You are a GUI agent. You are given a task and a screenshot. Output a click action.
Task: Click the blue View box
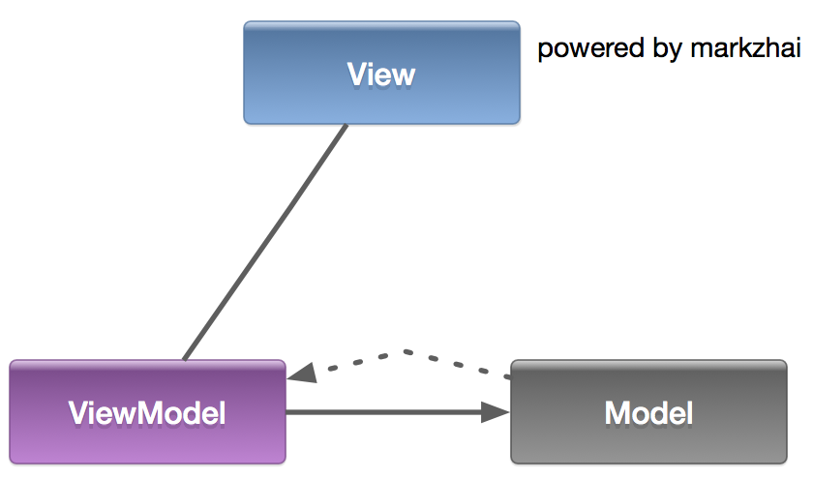pos(381,74)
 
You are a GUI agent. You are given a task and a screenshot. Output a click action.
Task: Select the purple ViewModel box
pos(147,412)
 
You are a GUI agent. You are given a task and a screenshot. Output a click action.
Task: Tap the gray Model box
pos(648,412)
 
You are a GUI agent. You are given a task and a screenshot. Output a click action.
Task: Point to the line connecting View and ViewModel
pos(264,242)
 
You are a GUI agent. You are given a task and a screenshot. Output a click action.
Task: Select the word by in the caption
pos(669,48)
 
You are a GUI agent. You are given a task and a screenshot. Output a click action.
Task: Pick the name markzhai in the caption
pos(745,48)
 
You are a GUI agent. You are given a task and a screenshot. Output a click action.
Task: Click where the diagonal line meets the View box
pos(346,126)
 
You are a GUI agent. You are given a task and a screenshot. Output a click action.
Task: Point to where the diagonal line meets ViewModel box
pos(184,359)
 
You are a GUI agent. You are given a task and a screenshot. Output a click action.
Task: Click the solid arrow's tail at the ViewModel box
pos(289,413)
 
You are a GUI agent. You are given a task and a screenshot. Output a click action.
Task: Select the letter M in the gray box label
pos(617,413)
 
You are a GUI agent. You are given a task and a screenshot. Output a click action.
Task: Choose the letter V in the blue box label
pos(355,75)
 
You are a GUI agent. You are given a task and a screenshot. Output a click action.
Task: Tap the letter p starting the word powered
pos(544,50)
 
